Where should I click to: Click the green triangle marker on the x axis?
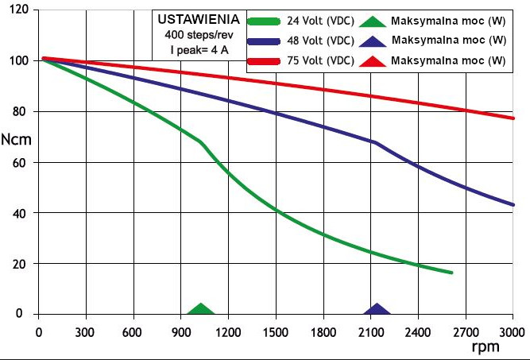[201, 310]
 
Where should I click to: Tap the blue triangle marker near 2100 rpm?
[377, 310]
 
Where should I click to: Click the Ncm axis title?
[17, 137]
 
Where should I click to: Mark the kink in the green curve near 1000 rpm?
[200, 142]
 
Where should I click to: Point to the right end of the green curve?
[451, 273]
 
